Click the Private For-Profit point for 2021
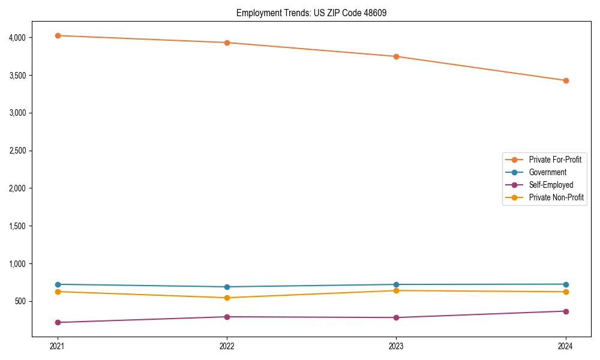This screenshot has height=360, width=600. (x=58, y=35)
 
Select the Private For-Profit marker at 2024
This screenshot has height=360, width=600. (x=566, y=80)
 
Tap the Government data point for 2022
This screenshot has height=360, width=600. (x=227, y=287)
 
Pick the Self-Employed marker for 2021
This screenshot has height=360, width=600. (x=58, y=322)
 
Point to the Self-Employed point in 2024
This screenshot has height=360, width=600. (x=566, y=311)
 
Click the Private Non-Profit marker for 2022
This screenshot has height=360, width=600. (x=227, y=298)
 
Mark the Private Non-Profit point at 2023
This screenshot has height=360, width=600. (x=396, y=290)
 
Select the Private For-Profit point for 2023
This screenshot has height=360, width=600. (x=396, y=56)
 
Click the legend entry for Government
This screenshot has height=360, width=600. (x=547, y=172)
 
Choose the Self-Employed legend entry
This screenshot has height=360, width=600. (x=551, y=185)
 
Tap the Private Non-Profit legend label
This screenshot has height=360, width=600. (x=556, y=197)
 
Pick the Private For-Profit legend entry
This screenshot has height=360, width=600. (x=555, y=160)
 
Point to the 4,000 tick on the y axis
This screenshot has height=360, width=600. (x=18, y=38)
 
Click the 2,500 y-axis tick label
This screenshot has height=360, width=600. (x=18, y=151)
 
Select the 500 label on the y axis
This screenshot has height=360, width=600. (x=22, y=301)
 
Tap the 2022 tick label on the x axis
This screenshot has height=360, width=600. (x=227, y=346)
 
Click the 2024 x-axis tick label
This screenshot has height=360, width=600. (x=566, y=346)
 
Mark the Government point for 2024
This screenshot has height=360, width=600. (x=566, y=284)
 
